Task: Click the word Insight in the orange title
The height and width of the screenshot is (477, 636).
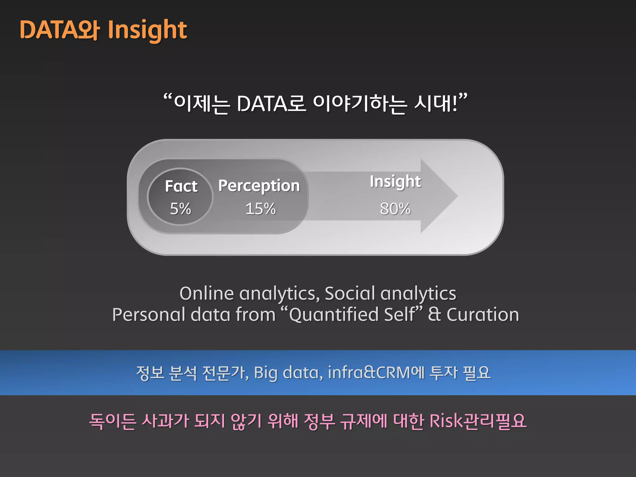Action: coord(147,30)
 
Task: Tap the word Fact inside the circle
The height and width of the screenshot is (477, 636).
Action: coord(181,186)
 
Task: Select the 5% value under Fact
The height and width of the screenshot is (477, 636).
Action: coord(180,209)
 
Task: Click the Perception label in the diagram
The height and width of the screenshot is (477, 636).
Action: coord(259,186)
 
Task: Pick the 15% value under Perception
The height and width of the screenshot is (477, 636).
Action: coord(261,209)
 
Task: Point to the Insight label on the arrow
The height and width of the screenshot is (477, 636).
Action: coord(395,182)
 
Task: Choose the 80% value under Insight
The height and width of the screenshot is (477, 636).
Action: coord(395,209)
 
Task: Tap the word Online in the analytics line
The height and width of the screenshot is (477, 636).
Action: coord(207,293)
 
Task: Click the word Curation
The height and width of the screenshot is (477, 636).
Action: coord(483,315)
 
